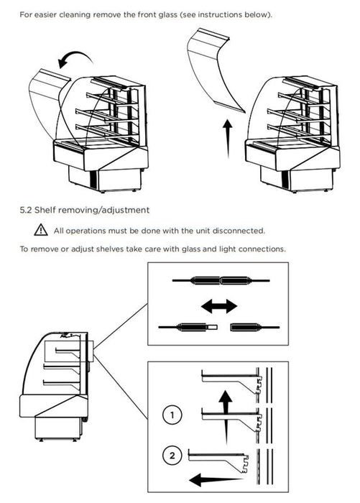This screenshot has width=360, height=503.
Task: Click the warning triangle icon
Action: click(x=41, y=230)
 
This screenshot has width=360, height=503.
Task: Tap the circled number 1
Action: click(x=172, y=415)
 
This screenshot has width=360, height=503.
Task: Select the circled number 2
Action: click(x=172, y=456)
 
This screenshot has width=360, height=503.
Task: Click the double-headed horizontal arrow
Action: click(x=219, y=306)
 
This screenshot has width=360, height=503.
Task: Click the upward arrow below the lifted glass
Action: click(x=228, y=139)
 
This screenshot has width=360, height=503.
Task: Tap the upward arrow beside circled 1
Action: click(x=226, y=417)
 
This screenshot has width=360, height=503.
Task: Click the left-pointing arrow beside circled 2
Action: click(x=216, y=480)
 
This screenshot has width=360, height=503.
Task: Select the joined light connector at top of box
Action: click(x=221, y=281)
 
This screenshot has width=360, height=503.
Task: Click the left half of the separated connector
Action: click(x=188, y=327)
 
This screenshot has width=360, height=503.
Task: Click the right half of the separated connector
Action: click(x=255, y=327)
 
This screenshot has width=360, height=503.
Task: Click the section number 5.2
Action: click(x=26, y=210)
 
